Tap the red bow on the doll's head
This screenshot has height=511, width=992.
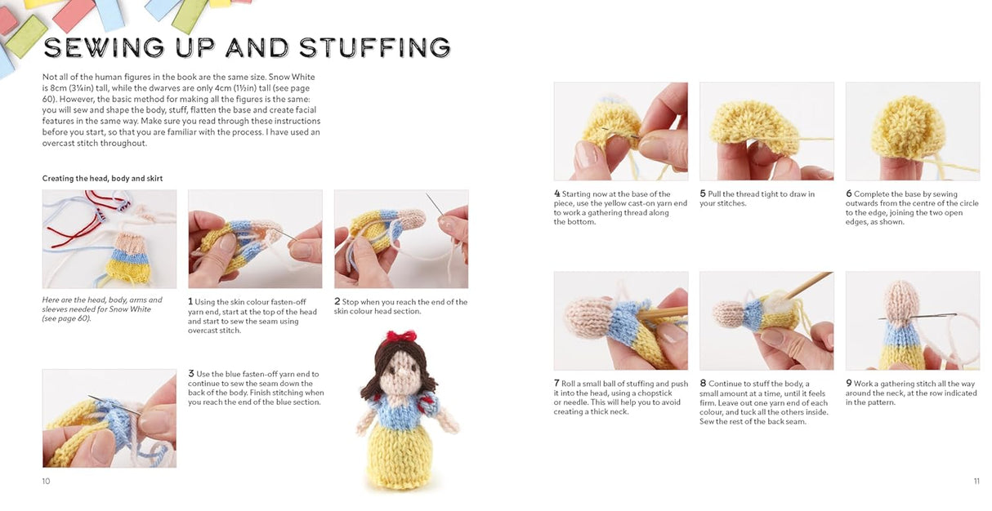tap(401, 336)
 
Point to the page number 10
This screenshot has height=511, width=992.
tap(46, 482)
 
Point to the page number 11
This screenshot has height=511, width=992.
tap(976, 482)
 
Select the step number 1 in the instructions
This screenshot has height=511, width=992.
tap(190, 302)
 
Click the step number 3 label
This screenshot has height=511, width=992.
tap(190, 374)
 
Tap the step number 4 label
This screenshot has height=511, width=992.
tap(556, 194)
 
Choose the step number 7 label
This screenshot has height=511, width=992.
tap(556, 384)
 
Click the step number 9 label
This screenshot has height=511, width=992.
tap(848, 384)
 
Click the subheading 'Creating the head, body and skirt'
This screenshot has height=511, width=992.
tap(102, 179)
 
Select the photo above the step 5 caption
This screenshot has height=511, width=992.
tap(766, 131)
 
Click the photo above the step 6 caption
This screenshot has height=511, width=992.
tap(912, 131)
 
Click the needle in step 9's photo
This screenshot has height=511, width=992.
tap(907, 317)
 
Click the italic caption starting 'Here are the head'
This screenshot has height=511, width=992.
tap(102, 309)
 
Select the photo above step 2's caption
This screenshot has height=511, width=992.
tap(401, 239)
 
